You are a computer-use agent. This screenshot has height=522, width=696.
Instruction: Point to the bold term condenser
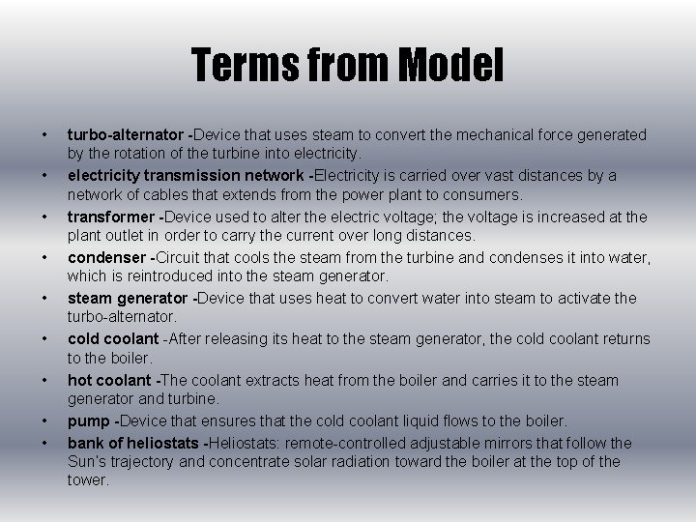(104, 258)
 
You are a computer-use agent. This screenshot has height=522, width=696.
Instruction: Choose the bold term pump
(89, 421)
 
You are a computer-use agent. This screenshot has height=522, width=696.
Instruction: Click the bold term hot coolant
(109, 380)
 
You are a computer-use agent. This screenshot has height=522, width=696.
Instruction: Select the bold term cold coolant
(112, 339)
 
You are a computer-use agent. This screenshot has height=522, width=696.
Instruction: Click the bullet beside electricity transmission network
(45, 176)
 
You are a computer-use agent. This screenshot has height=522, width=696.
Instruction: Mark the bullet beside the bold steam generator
(45, 299)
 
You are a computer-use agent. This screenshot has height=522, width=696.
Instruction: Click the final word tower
(88, 479)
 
